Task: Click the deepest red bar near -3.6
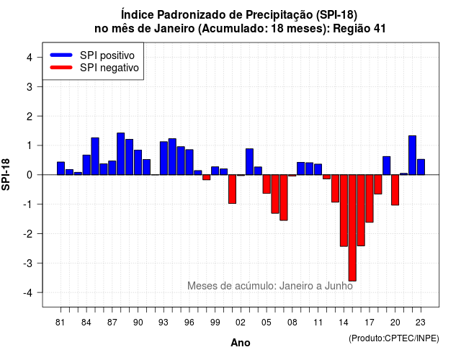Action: tap(352, 228)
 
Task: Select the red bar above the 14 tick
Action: tap(344, 210)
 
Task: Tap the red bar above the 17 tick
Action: tap(370, 199)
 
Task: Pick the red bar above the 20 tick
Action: tap(395, 190)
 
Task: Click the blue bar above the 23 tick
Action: tap(421, 167)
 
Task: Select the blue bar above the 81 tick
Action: tap(61, 168)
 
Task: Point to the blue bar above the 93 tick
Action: tap(164, 158)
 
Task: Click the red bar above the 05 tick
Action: tap(267, 184)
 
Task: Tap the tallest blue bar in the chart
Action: tap(121, 153)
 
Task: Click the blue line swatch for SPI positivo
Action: tap(61, 55)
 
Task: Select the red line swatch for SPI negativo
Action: tap(61, 68)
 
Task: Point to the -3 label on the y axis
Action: tap(28, 263)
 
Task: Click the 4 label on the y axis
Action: tap(30, 57)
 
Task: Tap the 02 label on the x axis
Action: tap(241, 323)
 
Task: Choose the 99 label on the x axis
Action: tap(215, 323)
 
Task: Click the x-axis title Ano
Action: tap(241, 343)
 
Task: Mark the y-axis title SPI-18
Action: tap(6, 174)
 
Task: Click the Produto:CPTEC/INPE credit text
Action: tap(394, 338)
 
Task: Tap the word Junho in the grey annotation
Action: tap(339, 286)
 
